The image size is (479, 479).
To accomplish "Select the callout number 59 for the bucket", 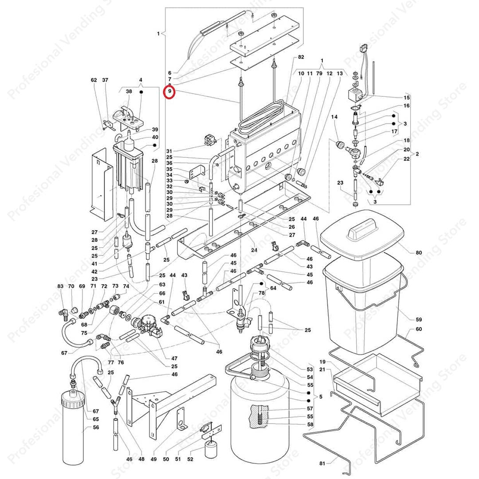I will [x=419, y=319].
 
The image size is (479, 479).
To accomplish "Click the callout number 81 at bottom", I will [x=322, y=463].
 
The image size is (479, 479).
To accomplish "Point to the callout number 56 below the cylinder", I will [x=96, y=428].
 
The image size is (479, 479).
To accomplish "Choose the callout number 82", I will [x=301, y=58].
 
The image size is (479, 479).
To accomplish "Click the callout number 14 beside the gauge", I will [x=334, y=117].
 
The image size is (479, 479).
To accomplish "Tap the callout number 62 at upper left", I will [x=94, y=80].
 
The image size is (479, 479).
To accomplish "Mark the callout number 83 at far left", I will [x=60, y=287].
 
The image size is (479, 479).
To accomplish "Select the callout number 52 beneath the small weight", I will [x=190, y=459].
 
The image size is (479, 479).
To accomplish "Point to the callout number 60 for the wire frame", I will [x=419, y=330].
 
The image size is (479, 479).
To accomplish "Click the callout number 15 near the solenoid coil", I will [x=407, y=98].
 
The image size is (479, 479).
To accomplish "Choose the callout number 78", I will [x=262, y=293].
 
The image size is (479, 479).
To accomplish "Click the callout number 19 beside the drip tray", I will [x=322, y=361].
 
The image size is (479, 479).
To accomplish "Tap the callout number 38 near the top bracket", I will [x=129, y=91].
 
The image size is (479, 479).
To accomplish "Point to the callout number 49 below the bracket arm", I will [x=155, y=459].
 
